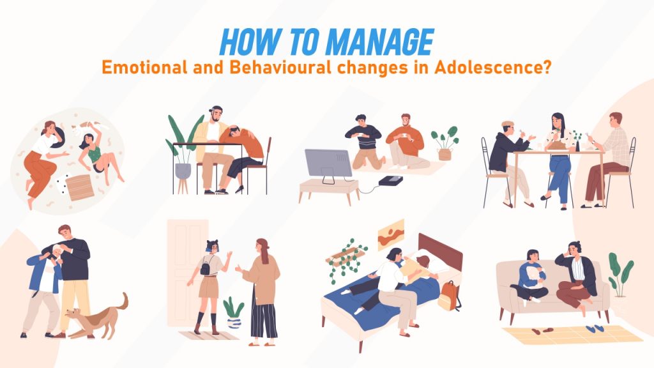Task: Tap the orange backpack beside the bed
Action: point(449,297)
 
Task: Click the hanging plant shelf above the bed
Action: point(347,256)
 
